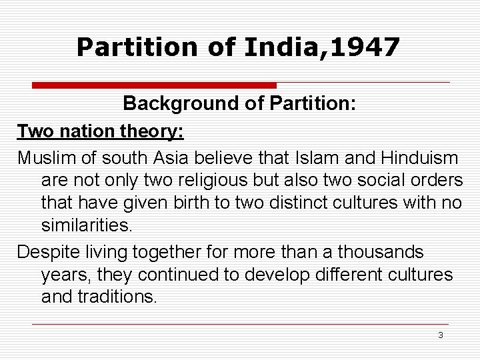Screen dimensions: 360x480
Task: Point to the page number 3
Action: pos(440,335)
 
